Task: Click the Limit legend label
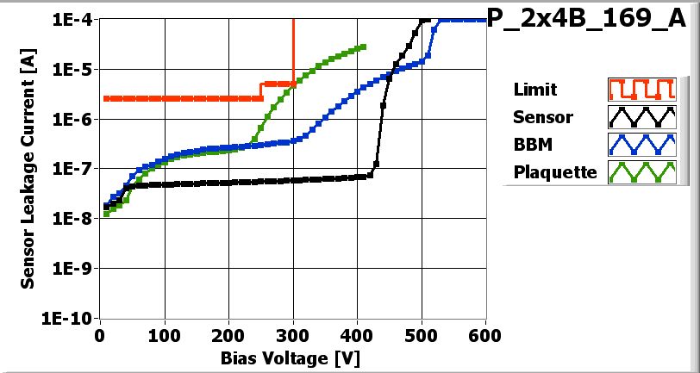click(x=534, y=90)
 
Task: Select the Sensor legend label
click(x=542, y=117)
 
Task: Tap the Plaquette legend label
click(x=554, y=172)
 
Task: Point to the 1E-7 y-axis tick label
click(x=74, y=169)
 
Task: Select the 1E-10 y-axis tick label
click(x=72, y=318)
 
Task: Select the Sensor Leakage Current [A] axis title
click(x=28, y=169)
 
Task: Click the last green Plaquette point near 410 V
click(x=363, y=47)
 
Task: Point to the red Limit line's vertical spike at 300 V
click(x=294, y=52)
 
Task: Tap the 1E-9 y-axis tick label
click(x=74, y=268)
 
